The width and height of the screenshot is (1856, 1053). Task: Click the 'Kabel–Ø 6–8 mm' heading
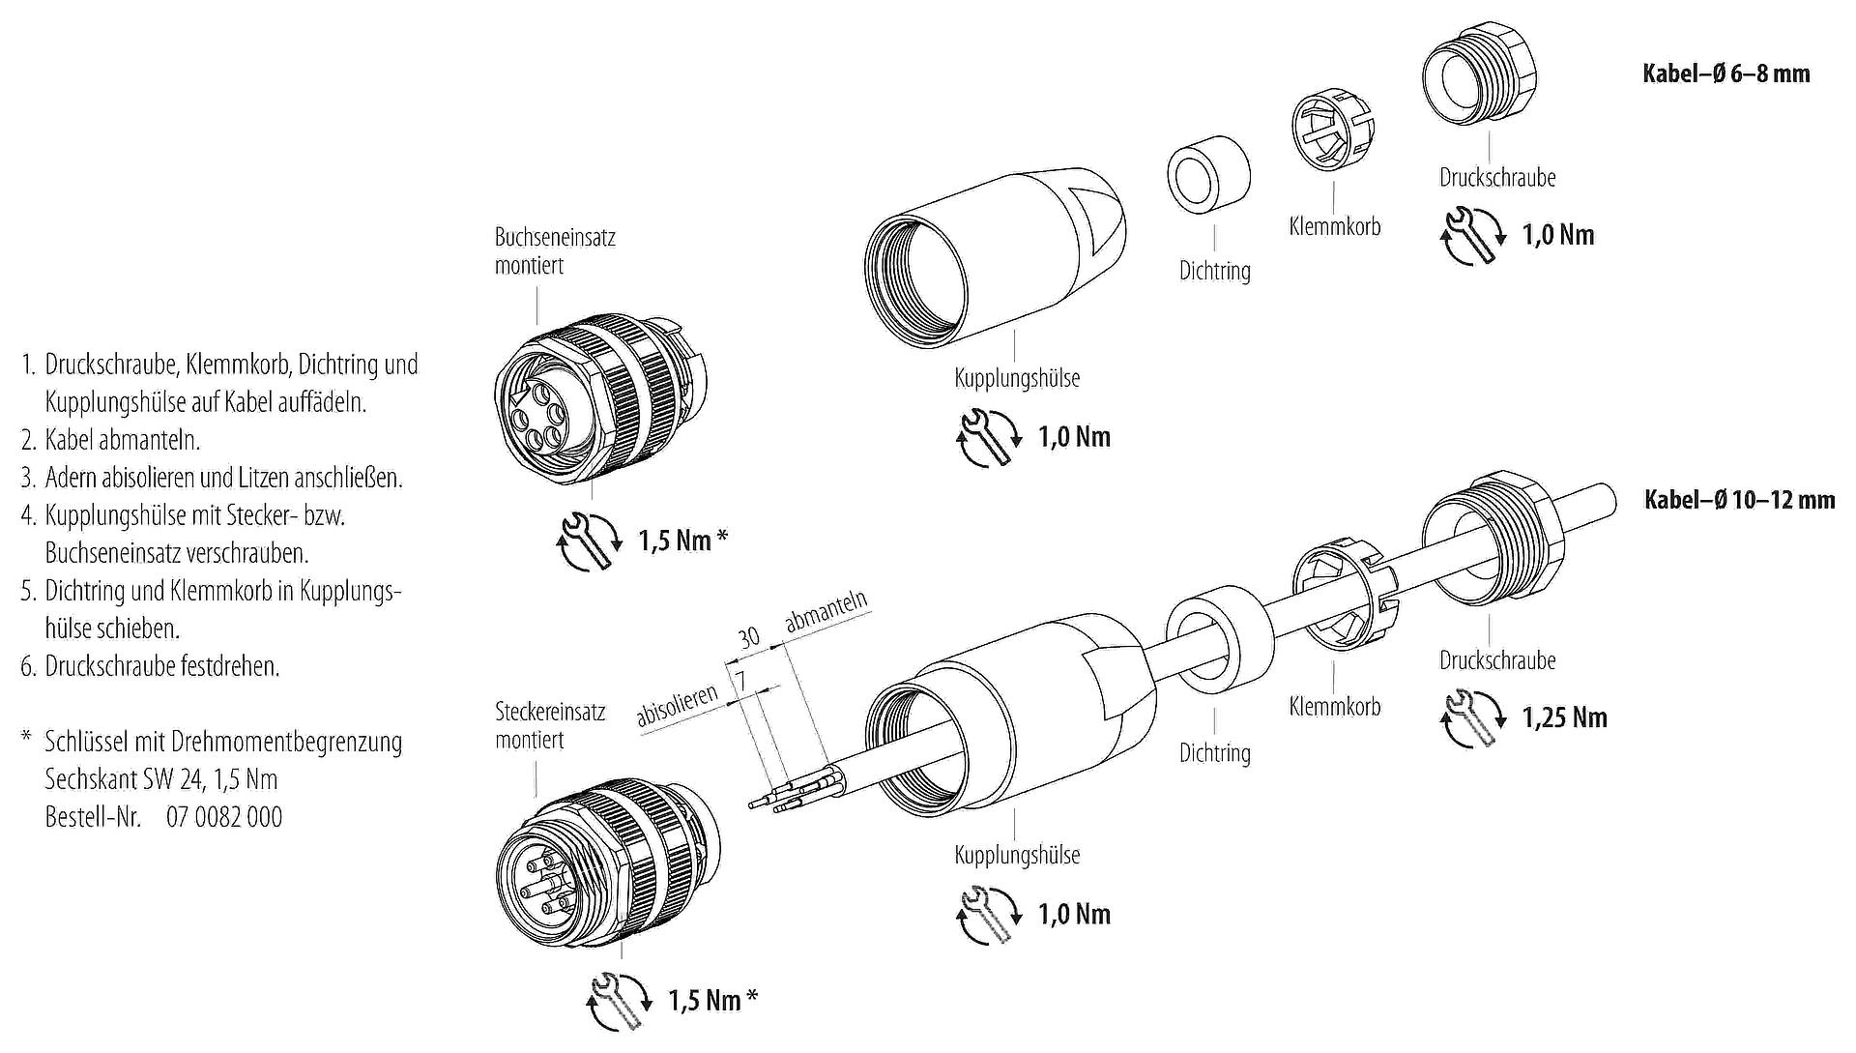pos(1725,73)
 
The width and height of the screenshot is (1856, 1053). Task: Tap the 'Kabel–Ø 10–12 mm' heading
pos(1739,499)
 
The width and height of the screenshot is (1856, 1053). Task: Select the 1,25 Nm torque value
pos(1564,717)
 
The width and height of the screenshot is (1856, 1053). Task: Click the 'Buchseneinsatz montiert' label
pos(554,251)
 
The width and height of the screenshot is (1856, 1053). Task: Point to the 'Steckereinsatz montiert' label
pos(549,725)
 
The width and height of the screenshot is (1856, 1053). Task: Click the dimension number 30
pos(749,637)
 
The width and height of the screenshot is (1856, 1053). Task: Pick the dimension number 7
pos(741,680)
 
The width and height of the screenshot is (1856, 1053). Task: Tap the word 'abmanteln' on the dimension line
pos(826,611)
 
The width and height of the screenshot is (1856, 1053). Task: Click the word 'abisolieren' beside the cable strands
pos(677,706)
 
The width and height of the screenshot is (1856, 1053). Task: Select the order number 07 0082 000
pos(224,817)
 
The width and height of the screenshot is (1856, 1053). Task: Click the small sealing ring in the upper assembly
pos(1209,178)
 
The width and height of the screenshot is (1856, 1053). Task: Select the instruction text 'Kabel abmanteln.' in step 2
pos(122,440)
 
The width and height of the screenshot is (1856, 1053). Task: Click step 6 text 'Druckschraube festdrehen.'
pos(161,666)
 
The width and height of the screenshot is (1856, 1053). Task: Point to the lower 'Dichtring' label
pos(1214,752)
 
